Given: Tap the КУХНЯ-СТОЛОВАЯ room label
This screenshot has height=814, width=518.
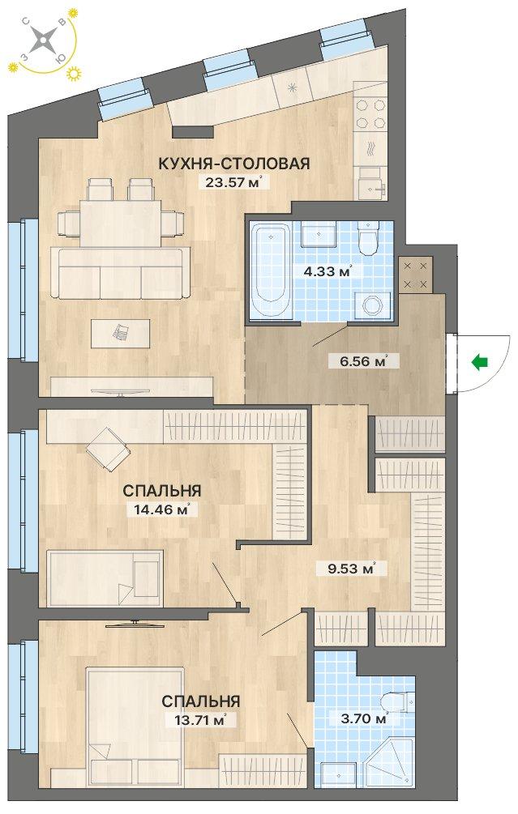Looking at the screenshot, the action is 233,164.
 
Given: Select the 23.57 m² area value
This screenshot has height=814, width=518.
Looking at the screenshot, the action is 233,181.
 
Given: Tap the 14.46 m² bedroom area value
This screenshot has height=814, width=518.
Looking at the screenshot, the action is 161,509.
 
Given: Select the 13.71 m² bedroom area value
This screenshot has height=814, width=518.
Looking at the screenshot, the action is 200,720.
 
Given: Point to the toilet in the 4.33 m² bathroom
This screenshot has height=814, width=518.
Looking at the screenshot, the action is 368,239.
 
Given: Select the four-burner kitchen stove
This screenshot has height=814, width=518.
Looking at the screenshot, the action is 371,113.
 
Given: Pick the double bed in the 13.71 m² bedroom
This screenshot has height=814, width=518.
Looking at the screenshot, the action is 135,727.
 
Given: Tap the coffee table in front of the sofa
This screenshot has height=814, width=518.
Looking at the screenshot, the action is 121,333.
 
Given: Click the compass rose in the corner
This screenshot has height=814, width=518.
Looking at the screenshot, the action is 41,40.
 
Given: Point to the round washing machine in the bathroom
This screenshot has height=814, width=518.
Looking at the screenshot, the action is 371,305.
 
